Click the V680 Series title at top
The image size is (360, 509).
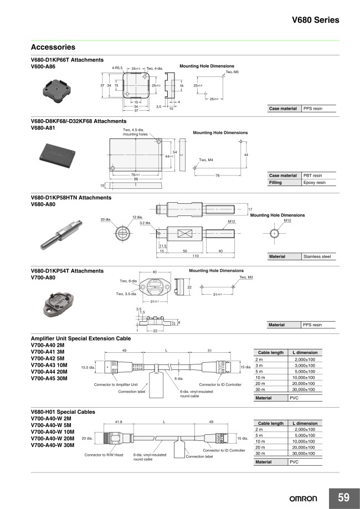[x=315, y=20]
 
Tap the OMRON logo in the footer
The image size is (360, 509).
[x=304, y=498]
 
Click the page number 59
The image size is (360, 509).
[x=343, y=497]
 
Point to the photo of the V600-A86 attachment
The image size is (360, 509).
[x=56, y=88]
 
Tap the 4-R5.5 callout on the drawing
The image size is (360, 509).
[x=117, y=68]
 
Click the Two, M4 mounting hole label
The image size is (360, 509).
[x=206, y=160]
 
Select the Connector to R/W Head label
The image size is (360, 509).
[x=104, y=455]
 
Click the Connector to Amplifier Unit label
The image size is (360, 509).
[x=116, y=384]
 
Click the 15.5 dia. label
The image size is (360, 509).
[x=89, y=367]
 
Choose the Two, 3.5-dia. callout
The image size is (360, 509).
[x=127, y=294]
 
